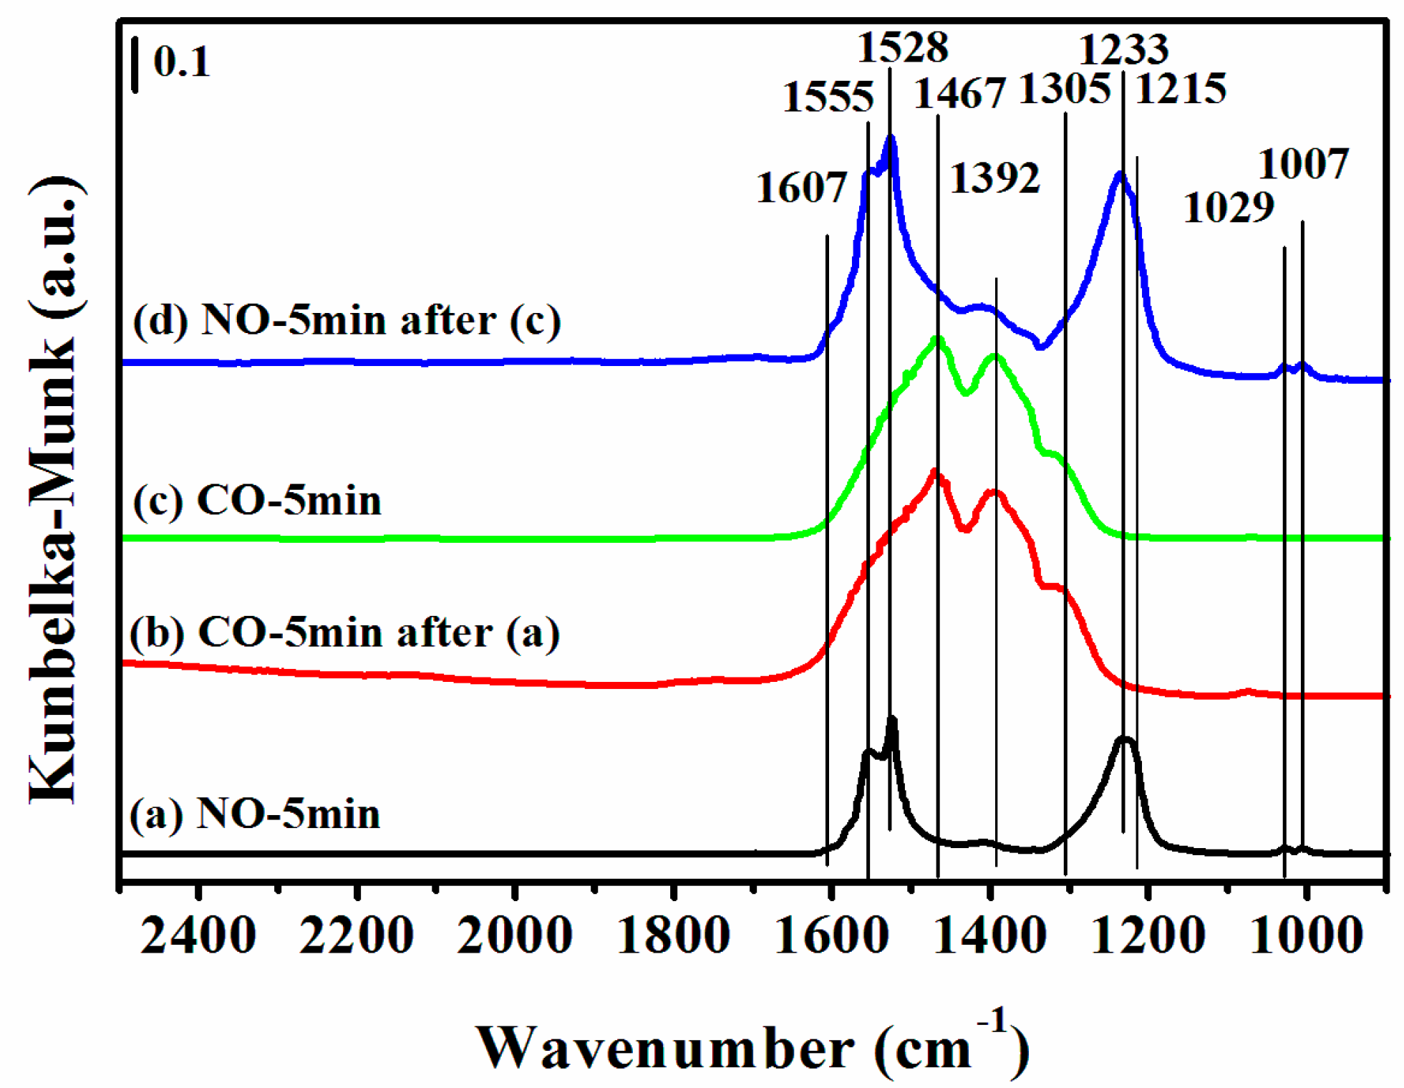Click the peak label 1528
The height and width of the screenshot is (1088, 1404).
(902, 49)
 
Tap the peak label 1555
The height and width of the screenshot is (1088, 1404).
(828, 97)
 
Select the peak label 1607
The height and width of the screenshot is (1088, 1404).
(801, 188)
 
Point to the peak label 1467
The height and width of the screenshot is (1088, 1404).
(959, 94)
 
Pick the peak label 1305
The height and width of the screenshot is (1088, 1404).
(1064, 90)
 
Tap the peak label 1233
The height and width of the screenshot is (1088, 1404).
(1123, 50)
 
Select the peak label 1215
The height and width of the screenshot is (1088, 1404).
(1181, 90)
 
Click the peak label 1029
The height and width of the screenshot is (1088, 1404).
(1229, 208)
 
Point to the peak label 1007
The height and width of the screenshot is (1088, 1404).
(1303, 165)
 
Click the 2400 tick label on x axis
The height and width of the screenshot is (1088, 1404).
(198, 935)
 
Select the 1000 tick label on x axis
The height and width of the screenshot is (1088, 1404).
(1305, 935)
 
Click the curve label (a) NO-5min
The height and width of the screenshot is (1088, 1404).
(254, 814)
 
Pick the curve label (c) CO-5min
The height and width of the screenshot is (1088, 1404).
(257, 501)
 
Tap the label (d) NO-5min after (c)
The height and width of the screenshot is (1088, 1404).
(347, 320)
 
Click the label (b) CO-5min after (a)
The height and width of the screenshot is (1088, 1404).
(344, 633)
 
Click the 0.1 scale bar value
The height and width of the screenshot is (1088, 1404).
(181, 62)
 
